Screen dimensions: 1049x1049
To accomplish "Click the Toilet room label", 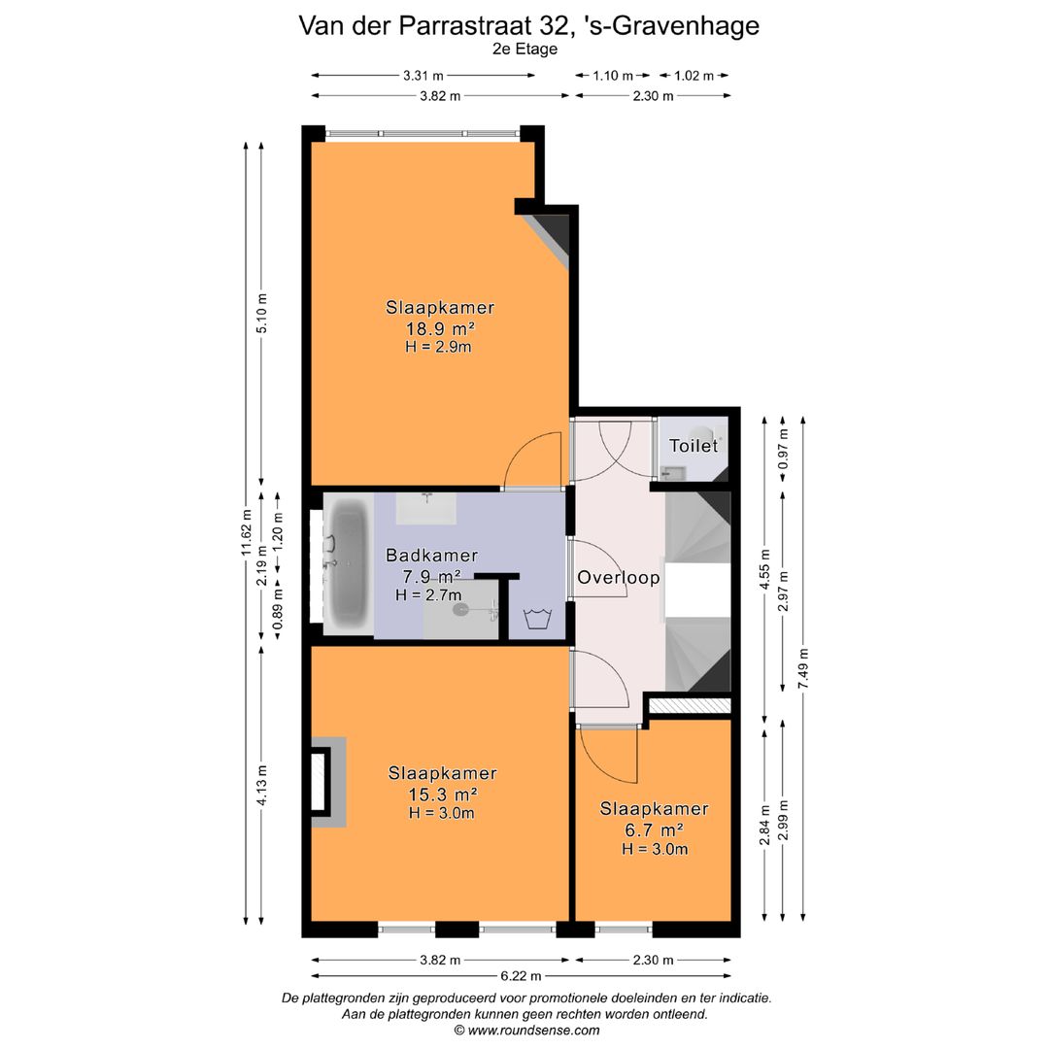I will click(x=694, y=446).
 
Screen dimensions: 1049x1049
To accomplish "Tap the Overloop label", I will click(x=619, y=577).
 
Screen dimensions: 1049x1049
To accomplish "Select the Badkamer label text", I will click(x=431, y=556).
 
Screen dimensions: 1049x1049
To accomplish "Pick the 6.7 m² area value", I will click(x=654, y=829).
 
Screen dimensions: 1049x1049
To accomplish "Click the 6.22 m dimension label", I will click(x=521, y=976).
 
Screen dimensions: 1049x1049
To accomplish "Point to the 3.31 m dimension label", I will click(x=423, y=76).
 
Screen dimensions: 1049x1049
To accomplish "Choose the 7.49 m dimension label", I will click(x=802, y=667).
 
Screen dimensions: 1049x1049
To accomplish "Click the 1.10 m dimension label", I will click(x=613, y=76).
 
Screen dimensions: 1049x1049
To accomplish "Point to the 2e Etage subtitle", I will click(x=524, y=50).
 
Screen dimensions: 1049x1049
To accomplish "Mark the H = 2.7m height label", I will click(x=428, y=594).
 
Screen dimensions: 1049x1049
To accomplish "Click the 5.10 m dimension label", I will click(x=260, y=313).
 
